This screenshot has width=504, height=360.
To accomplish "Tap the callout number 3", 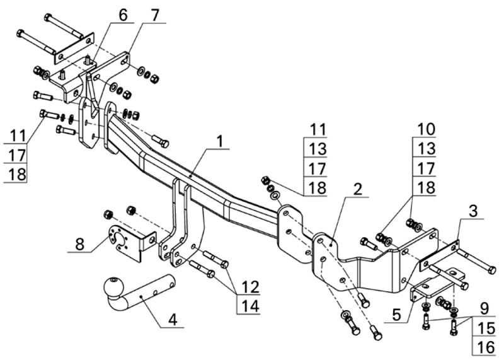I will click(x=472, y=211).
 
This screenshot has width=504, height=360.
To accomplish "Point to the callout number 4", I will click(x=172, y=319).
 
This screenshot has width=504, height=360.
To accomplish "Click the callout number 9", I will click(x=483, y=308).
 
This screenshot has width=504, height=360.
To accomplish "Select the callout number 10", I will click(x=426, y=129).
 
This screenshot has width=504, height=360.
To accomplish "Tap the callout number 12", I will click(x=250, y=287).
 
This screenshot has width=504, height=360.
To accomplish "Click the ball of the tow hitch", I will click(x=114, y=287).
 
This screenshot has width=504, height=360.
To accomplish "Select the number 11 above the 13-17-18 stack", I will click(x=318, y=129).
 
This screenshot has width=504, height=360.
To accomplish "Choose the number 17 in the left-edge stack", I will click(x=17, y=154).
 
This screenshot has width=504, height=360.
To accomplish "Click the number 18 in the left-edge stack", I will click(x=17, y=173).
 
